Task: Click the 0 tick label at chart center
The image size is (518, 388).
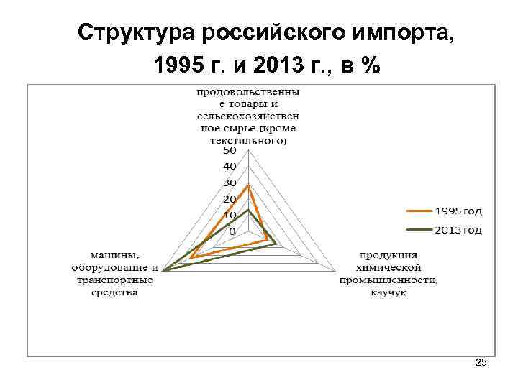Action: coord(232,231)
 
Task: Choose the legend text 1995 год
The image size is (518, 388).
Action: coord(458,211)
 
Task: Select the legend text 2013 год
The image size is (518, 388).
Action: coord(458,230)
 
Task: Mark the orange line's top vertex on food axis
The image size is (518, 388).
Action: coord(247,185)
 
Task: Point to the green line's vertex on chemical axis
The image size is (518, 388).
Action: coord(276,245)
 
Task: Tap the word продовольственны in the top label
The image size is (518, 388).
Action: coord(248,92)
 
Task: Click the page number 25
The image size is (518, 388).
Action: coord(481,364)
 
